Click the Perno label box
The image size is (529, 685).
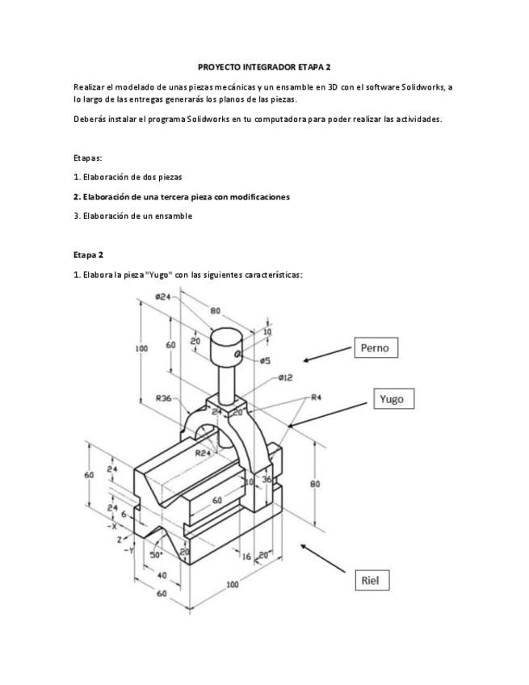(376, 348)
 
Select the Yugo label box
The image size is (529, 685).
(396, 398)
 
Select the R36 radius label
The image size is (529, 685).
(166, 397)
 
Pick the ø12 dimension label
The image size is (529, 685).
(284, 377)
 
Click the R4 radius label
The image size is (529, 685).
(317, 397)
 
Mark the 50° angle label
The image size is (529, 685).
(155, 555)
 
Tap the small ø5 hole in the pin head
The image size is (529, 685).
(238, 353)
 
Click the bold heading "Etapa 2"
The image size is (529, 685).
(89, 254)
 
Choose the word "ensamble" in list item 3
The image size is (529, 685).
(172, 216)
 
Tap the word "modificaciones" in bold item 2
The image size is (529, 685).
(259, 196)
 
